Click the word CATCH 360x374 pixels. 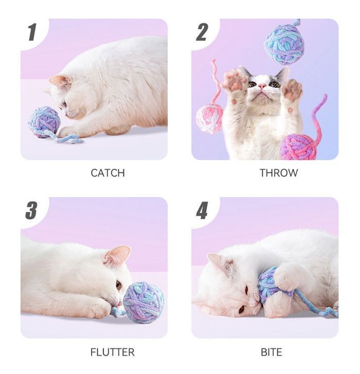point(108,173)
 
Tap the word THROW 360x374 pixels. point(279,173)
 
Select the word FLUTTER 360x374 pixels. point(112,352)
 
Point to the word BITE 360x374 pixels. point(272,352)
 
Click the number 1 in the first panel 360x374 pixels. point(33,32)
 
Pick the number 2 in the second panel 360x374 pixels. point(202,32)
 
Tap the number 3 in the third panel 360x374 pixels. point(31,210)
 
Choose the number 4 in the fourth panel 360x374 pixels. point(202,210)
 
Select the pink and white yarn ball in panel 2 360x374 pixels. point(209,118)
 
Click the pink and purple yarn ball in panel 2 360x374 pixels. point(299,147)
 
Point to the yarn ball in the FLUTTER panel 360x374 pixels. point(143,303)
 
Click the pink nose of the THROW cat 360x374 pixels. point(262,85)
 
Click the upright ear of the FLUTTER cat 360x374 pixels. point(118,255)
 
